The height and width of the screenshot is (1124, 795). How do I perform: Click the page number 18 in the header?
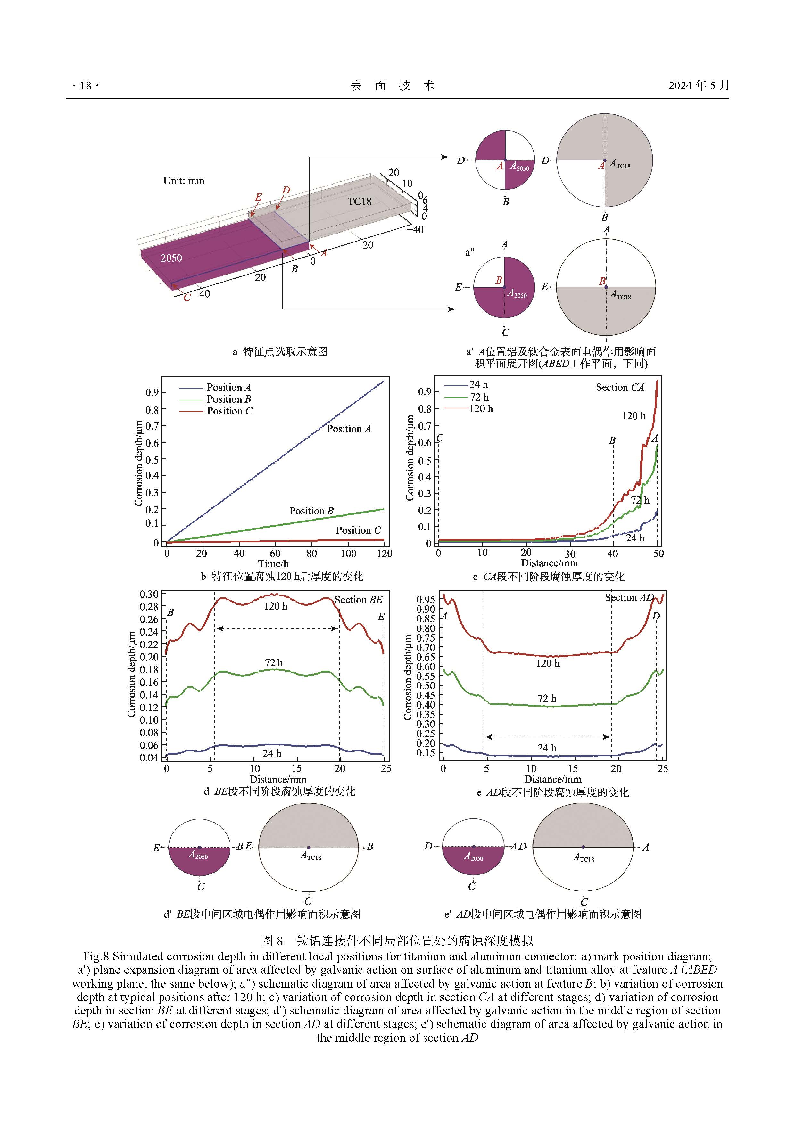tap(86, 86)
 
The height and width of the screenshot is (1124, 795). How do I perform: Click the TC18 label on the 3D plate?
tap(359, 201)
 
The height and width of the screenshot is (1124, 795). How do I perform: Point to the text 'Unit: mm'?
tap(184, 181)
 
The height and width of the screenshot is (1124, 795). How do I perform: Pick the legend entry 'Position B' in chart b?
tap(229, 399)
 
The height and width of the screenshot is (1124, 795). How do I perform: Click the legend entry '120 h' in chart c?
tap(481, 409)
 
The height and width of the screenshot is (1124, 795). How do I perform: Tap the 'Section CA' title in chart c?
tap(620, 387)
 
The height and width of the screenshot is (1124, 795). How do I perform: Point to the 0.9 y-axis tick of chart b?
tap(152, 393)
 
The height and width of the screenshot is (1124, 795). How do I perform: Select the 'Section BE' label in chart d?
tap(358, 600)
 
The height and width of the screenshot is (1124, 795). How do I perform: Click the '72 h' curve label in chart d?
tap(273, 663)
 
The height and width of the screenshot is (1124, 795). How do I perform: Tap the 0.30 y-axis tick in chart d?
tap(149, 594)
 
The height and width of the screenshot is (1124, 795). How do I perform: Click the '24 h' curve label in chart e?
tap(547, 748)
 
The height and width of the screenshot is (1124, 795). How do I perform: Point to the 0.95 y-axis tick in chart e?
tap(425, 600)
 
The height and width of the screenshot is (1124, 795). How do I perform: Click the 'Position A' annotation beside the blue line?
tap(348, 429)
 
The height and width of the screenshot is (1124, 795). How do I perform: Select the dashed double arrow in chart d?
tap(277, 628)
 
